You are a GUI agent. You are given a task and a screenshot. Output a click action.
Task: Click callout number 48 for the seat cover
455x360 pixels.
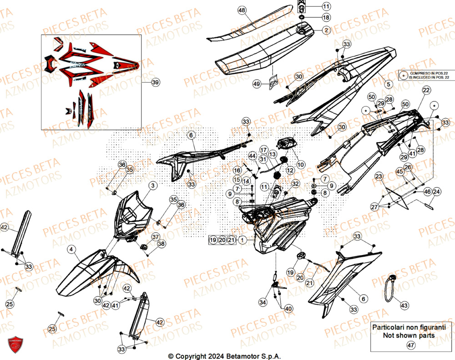click(241, 10)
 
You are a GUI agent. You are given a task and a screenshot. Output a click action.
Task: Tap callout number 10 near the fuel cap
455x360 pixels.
click(301, 164)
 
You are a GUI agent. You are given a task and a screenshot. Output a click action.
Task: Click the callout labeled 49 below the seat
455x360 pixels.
click(257, 84)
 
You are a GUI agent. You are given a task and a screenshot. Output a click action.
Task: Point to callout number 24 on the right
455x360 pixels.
click(436, 192)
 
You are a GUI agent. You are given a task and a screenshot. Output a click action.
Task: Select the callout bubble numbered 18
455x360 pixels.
click(326, 17)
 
